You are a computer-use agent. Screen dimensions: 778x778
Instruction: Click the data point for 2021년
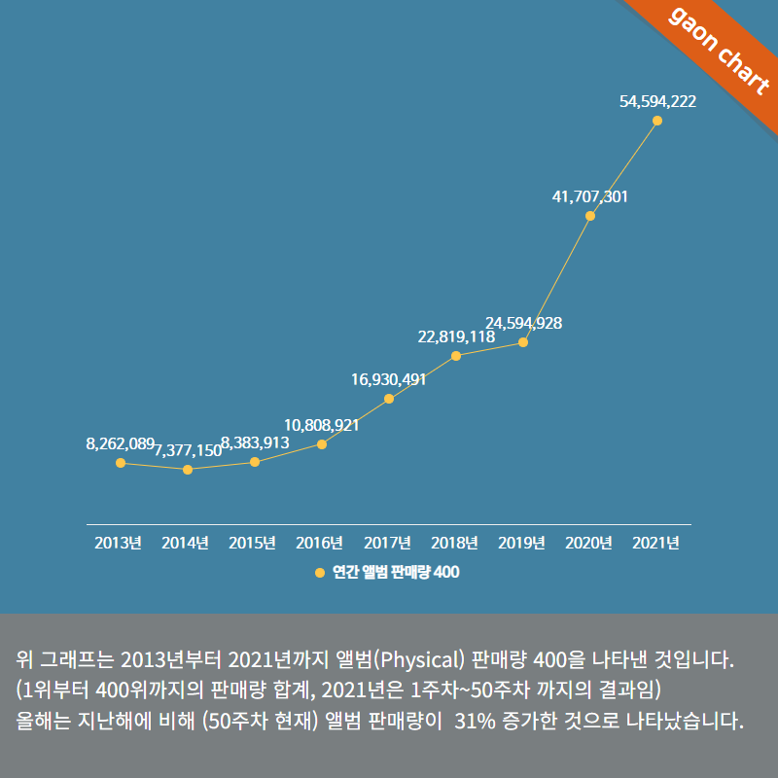(657, 121)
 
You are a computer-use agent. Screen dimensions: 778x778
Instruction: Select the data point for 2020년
(590, 216)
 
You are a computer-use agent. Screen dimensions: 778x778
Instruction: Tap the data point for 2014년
(188, 470)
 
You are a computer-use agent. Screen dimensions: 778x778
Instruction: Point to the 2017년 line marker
(389, 399)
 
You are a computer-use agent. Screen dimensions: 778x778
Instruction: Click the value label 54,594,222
(657, 101)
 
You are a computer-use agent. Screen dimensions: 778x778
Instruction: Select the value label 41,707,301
(590, 196)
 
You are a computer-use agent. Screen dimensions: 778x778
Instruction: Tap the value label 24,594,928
(523, 323)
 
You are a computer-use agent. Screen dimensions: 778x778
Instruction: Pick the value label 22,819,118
(456, 336)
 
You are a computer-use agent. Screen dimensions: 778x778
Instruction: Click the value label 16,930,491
(389, 379)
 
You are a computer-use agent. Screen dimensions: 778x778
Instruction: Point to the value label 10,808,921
(322, 425)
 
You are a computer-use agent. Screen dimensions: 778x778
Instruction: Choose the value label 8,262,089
(120, 443)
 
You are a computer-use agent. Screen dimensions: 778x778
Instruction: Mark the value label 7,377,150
(188, 450)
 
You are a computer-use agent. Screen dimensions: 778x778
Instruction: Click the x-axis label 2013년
(120, 543)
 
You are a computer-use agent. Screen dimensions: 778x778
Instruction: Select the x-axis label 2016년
(321, 543)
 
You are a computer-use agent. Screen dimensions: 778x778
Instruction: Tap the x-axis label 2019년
(523, 543)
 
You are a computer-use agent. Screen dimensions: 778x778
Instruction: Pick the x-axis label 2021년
(656, 543)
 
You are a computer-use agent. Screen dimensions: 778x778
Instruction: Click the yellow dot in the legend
(321, 573)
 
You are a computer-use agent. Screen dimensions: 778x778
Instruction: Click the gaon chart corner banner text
(716, 49)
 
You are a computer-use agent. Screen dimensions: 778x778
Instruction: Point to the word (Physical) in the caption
(418, 661)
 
